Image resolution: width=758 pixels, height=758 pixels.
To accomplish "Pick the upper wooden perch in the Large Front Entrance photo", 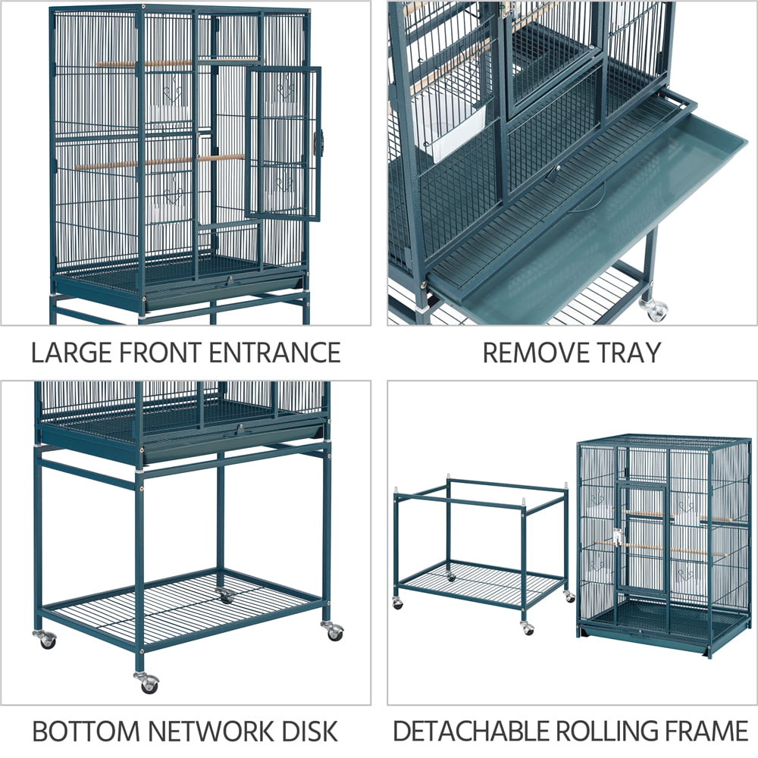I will tap(144, 64).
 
